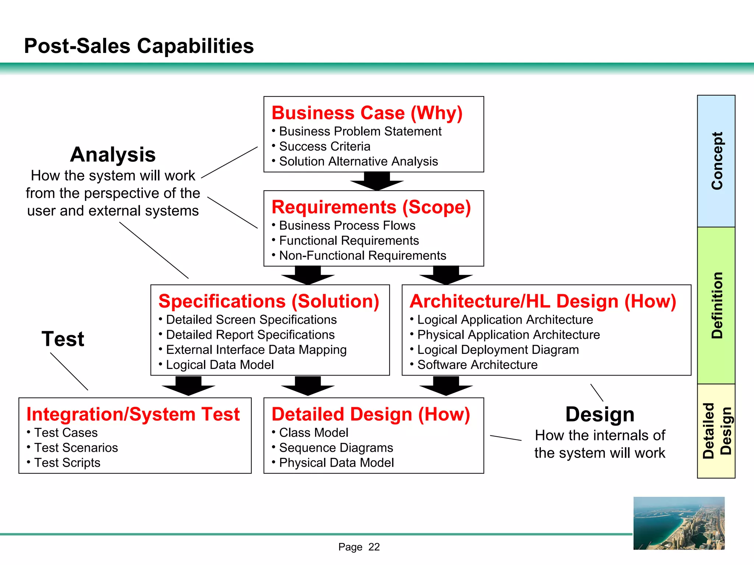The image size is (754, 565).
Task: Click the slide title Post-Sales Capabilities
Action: (139, 46)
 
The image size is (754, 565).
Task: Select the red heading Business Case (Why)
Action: (367, 113)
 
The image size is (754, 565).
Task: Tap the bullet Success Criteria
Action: (324, 146)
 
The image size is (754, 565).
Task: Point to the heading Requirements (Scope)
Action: (371, 207)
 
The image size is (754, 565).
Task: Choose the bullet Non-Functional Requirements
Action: (362, 256)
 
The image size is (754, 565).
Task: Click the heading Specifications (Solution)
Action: (269, 301)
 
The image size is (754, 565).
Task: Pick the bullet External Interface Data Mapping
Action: (256, 350)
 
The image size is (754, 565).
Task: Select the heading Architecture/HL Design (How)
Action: (543, 301)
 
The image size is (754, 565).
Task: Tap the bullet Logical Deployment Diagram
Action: (498, 350)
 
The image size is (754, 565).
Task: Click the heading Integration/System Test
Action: (133, 415)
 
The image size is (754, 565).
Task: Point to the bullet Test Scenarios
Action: (76, 448)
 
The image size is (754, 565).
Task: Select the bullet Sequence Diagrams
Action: (336, 448)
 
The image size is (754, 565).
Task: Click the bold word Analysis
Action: (113, 154)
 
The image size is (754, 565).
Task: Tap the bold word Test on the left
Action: (63, 339)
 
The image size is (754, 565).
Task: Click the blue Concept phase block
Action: (716, 161)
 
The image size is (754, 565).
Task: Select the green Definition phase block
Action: (716, 305)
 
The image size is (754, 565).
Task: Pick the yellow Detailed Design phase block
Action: (716, 431)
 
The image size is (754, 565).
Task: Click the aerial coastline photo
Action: (679, 523)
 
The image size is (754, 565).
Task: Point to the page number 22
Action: (374, 547)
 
